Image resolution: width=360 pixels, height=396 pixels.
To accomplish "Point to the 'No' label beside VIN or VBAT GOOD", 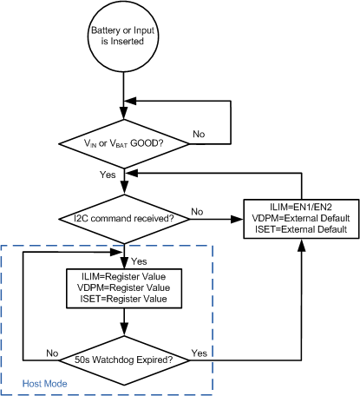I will [198, 135].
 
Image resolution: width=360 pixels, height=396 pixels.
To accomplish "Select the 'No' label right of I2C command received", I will [198, 211].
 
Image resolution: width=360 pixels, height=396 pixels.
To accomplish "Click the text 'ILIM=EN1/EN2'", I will [301, 206].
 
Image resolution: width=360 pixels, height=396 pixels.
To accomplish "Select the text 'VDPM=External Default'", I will [301, 218].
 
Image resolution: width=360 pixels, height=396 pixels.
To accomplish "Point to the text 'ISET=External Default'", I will [301, 230].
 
